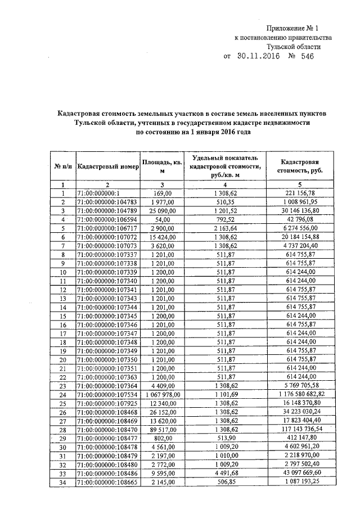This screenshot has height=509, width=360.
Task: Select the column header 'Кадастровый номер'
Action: (x=108, y=166)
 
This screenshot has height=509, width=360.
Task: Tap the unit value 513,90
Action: (x=225, y=438)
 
